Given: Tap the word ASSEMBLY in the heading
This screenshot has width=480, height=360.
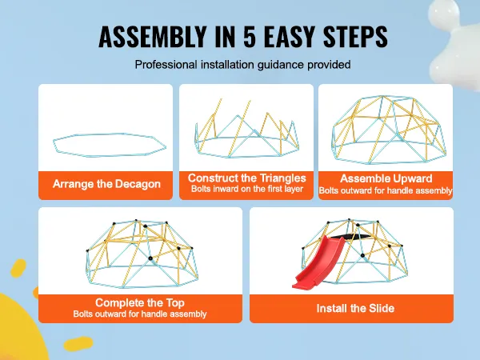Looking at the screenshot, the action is pos(151,37).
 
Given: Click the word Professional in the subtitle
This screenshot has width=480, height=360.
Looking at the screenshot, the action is pos(166,65).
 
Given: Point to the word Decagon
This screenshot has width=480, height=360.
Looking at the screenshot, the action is pos(138,184).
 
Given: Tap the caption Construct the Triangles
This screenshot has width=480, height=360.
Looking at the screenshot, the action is pos(246,178).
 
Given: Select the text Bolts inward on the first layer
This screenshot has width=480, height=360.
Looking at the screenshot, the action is pos(247,189).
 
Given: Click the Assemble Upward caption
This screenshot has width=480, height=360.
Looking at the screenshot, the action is pos(386,178).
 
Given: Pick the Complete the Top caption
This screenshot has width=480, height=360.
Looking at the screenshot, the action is pos(140,302).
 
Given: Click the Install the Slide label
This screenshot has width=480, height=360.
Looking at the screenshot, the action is pos(355,308).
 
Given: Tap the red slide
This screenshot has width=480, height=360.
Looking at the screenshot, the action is pos(318,262).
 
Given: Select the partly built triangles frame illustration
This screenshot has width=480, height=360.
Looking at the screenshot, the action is pos(246,129).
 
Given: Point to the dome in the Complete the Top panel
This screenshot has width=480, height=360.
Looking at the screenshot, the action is pos(142,254).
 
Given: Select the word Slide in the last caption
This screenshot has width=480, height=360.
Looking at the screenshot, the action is pos(382,308).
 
